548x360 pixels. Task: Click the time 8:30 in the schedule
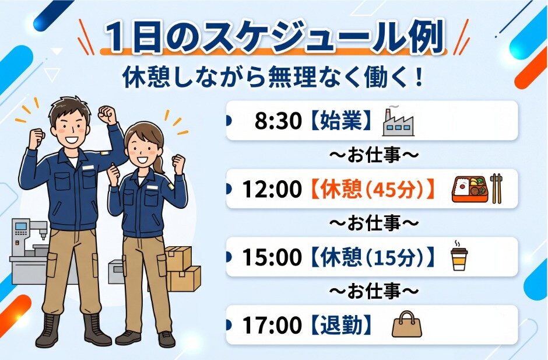pyautogui.click(x=278, y=121)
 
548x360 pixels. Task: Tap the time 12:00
pyautogui.click(x=272, y=189)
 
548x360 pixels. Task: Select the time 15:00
pyautogui.click(x=272, y=257)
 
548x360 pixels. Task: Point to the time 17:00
pyautogui.click(x=272, y=325)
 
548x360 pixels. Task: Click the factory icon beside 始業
pyautogui.click(x=398, y=121)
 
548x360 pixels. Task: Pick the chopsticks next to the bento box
pyautogui.click(x=496, y=188)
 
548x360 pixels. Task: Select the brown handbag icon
pyautogui.click(x=407, y=324)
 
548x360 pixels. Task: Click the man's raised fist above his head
pyautogui.click(x=107, y=114)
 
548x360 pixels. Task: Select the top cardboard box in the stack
pyautogui.click(x=178, y=257)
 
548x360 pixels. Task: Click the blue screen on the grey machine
pyautogui.click(x=20, y=226)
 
